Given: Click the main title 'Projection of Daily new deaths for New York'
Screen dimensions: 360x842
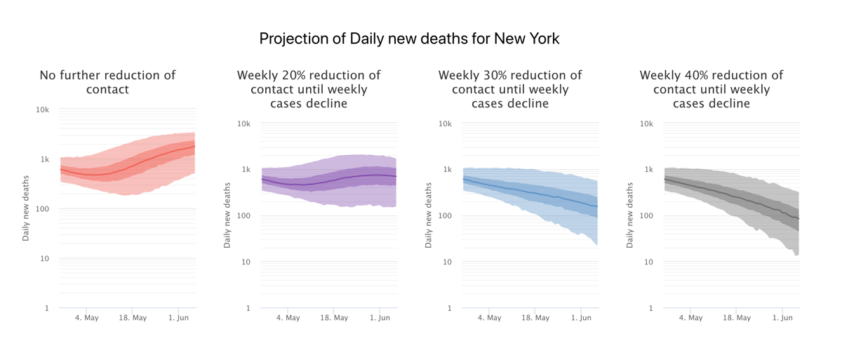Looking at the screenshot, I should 409,39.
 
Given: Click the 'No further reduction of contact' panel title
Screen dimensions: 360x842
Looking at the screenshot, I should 107,82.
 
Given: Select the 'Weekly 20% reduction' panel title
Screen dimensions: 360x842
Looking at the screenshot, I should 309,89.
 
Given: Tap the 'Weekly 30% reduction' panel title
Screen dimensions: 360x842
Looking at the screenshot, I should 510,89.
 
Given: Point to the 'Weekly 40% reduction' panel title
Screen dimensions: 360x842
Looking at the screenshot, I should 711,89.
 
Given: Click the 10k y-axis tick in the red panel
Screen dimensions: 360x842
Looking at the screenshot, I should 43,109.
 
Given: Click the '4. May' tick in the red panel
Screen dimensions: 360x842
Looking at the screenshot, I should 87,318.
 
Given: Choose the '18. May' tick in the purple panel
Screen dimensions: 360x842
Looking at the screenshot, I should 334,318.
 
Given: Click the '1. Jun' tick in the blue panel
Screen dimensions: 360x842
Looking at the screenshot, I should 581,318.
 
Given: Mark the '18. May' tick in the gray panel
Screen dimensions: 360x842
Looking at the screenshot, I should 737,318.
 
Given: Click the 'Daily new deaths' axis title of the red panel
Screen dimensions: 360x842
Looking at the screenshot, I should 26,208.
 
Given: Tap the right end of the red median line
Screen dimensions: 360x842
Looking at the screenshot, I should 194,147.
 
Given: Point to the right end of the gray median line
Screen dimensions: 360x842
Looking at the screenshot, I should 799,219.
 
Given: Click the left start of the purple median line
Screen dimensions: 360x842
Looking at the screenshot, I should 262,179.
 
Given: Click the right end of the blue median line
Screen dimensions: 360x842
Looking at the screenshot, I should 598,207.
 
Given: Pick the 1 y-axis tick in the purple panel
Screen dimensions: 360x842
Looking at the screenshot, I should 250,308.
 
